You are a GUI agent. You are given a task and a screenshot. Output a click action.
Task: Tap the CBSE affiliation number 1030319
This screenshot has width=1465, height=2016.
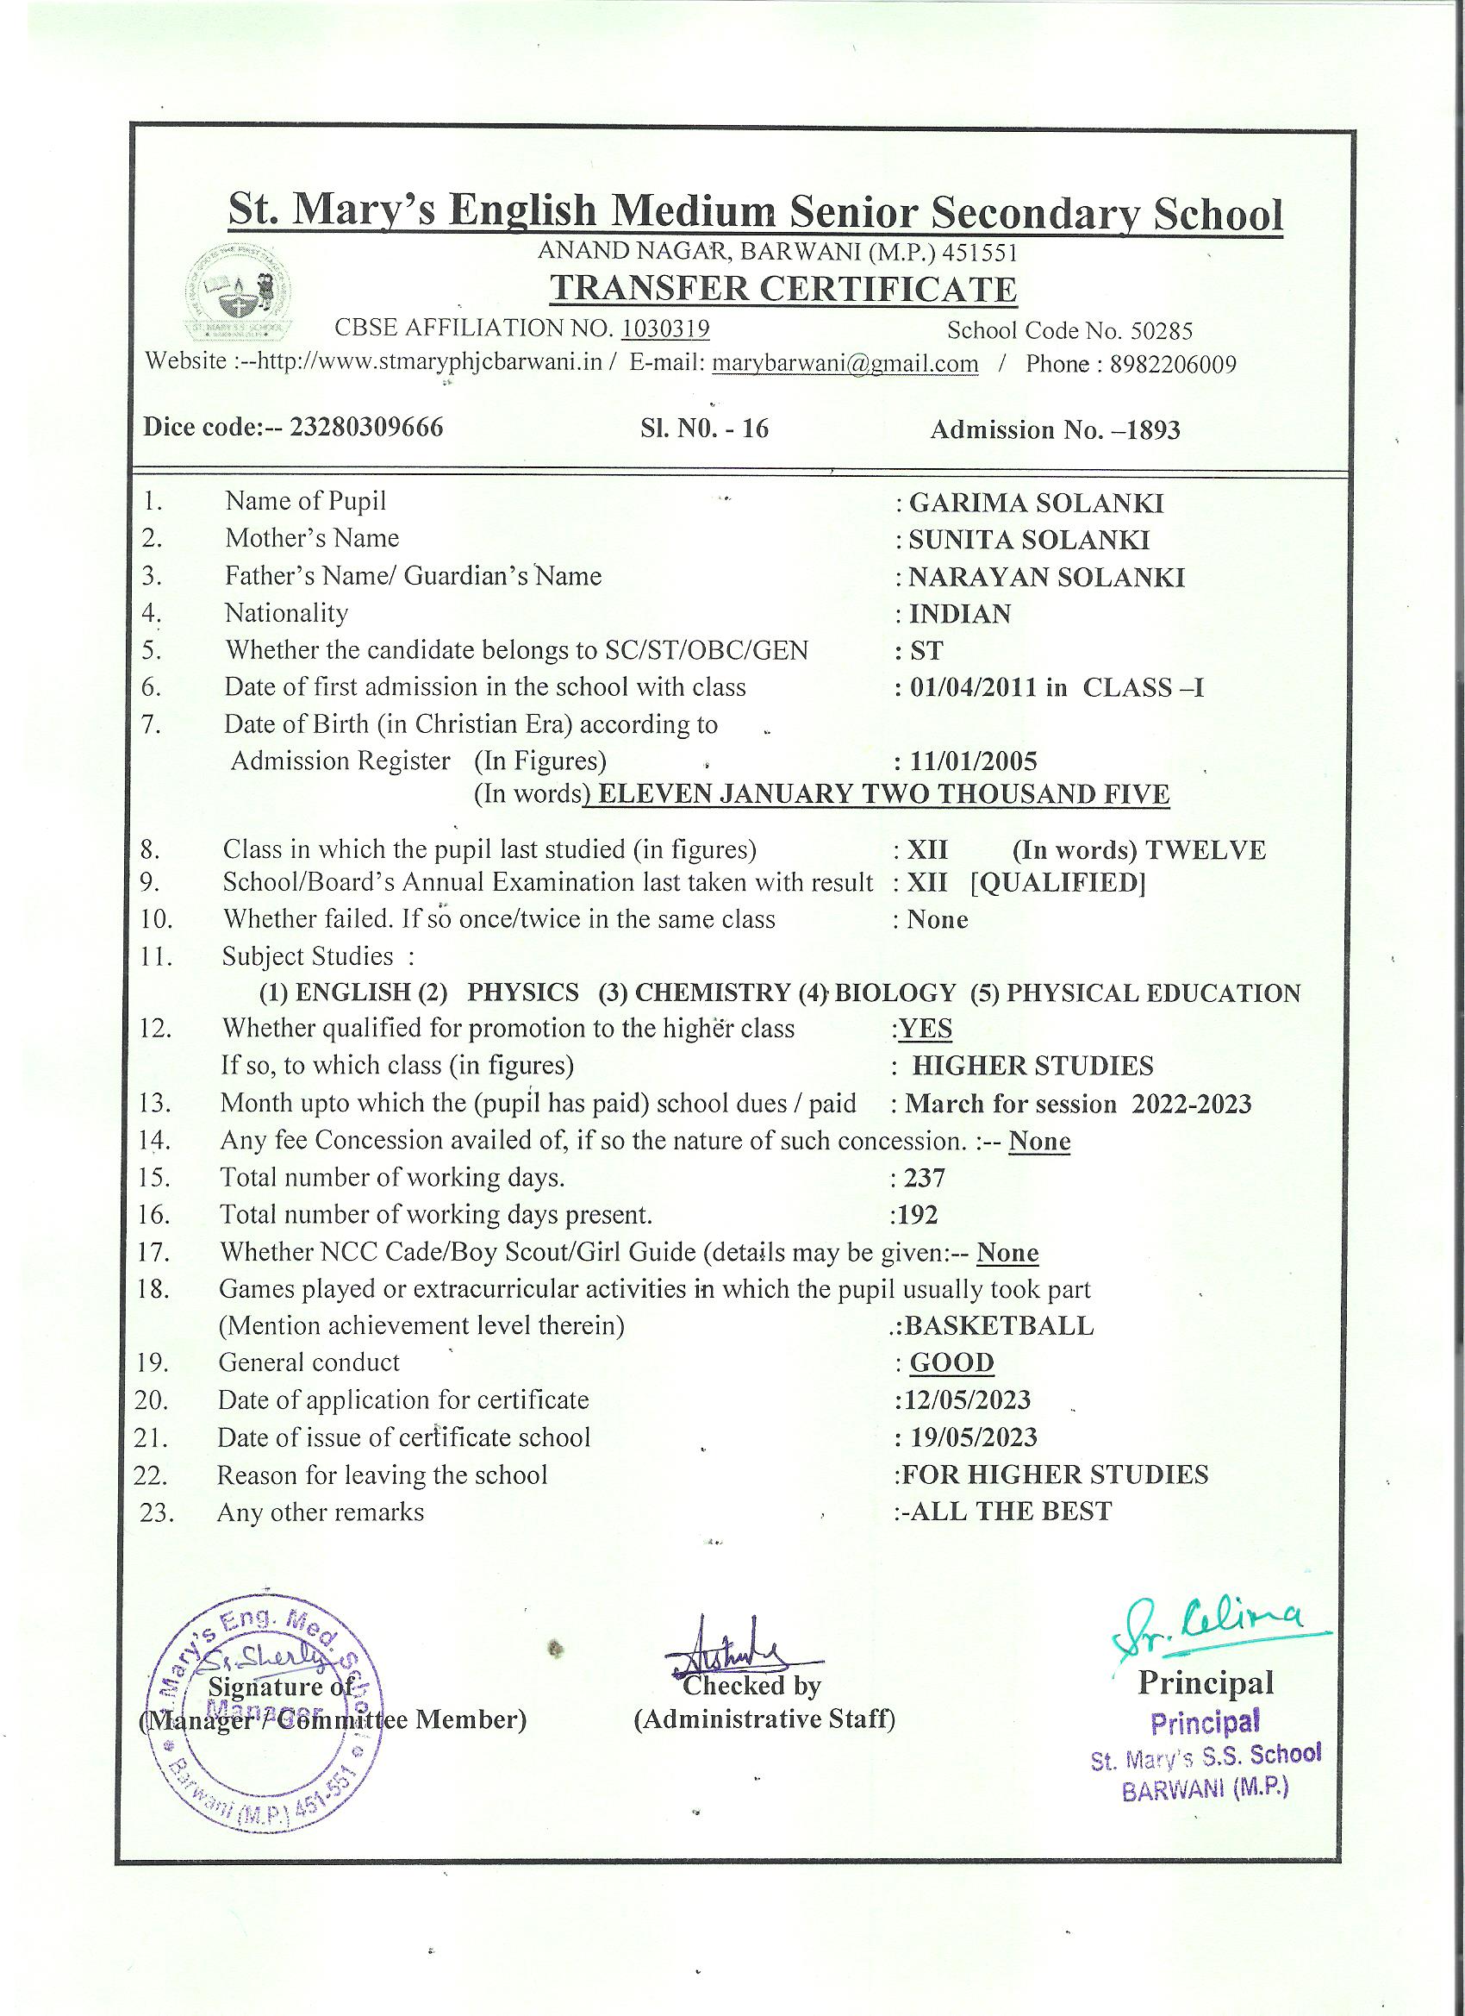(x=664, y=329)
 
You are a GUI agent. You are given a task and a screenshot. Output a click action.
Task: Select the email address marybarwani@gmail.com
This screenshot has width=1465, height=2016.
(x=845, y=364)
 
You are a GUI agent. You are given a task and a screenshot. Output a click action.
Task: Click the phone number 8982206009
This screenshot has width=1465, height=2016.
(x=1173, y=365)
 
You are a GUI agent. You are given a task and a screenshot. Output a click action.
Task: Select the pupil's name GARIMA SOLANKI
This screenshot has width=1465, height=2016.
(x=1035, y=503)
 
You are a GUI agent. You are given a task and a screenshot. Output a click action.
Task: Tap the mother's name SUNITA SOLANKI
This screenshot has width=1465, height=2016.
(x=1028, y=541)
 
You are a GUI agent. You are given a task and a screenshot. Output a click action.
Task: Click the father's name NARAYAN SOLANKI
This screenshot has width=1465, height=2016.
(x=1045, y=578)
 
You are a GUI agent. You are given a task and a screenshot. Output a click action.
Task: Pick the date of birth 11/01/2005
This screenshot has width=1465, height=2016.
(x=972, y=761)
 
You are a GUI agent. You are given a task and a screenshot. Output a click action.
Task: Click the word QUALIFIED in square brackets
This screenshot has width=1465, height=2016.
(x=1057, y=884)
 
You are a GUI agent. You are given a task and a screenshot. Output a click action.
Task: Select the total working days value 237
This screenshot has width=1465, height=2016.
(x=924, y=1178)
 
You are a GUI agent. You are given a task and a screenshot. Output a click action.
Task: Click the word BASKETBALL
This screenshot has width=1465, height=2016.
(x=999, y=1326)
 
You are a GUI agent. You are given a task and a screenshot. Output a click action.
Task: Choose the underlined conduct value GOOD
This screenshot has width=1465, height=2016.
(x=951, y=1362)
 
